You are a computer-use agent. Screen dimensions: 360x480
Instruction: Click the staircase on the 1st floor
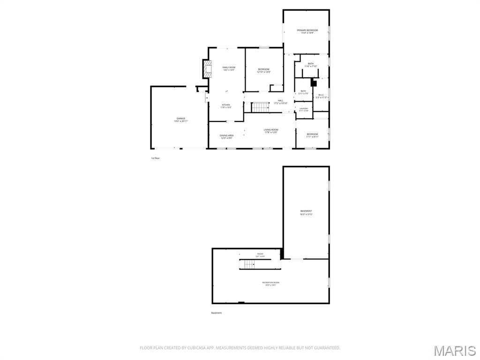coord(260,107)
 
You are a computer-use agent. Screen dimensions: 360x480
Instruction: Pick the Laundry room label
coord(304,109)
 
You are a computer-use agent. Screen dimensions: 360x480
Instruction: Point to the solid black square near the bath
coord(314,83)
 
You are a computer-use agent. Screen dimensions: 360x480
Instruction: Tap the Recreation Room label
coord(270,283)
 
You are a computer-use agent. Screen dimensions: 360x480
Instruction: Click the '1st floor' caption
coord(156,158)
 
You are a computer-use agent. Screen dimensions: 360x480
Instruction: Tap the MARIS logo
coord(454,350)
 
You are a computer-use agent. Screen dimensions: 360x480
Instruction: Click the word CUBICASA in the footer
coord(192,348)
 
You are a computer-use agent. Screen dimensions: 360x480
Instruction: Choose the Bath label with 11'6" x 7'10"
coord(311,65)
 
